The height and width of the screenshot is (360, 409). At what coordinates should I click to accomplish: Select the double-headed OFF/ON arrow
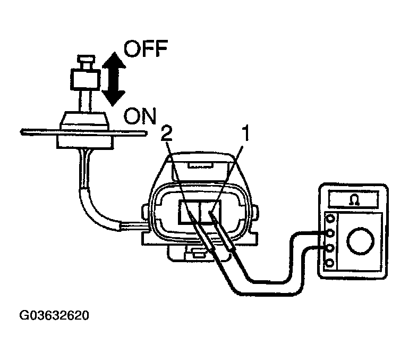click(113, 78)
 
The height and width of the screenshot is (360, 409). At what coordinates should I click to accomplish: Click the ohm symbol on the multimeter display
click(353, 199)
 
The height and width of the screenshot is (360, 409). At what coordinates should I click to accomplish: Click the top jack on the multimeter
click(331, 219)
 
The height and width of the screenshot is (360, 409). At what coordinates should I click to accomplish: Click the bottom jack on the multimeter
click(331, 263)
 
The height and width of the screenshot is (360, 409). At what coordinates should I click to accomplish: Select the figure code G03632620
click(55, 315)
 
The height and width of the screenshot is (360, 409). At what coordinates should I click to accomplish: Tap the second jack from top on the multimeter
click(331, 233)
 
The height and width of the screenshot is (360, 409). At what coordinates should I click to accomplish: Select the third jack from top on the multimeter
click(331, 248)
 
